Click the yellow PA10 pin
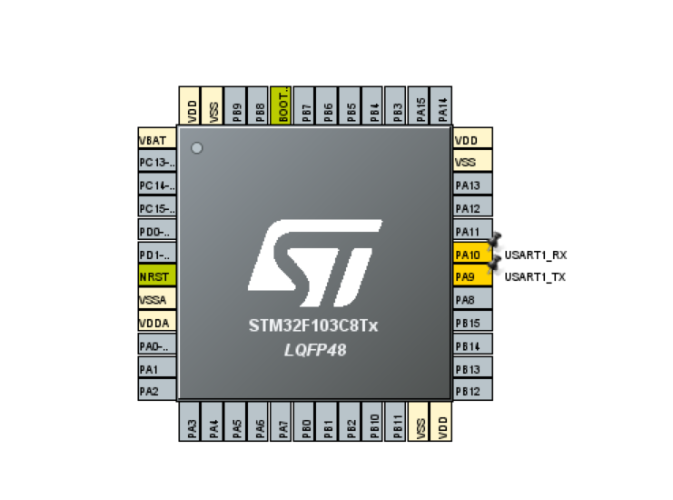click(x=472, y=255)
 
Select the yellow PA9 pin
click(x=472, y=276)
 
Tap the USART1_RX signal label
click(x=536, y=255)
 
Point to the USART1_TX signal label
click(x=535, y=276)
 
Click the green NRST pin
click(x=156, y=276)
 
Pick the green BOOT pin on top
click(x=282, y=105)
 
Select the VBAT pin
click(x=156, y=141)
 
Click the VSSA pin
click(x=156, y=299)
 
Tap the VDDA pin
click(x=156, y=322)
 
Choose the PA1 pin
click(x=156, y=368)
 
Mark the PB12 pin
click(x=472, y=391)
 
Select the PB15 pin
click(x=472, y=323)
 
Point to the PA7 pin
click(x=282, y=424)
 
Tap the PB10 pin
click(x=373, y=424)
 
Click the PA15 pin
click(x=419, y=105)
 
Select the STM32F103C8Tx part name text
click(x=313, y=325)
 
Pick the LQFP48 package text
click(x=313, y=349)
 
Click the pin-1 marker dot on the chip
click(x=197, y=147)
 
